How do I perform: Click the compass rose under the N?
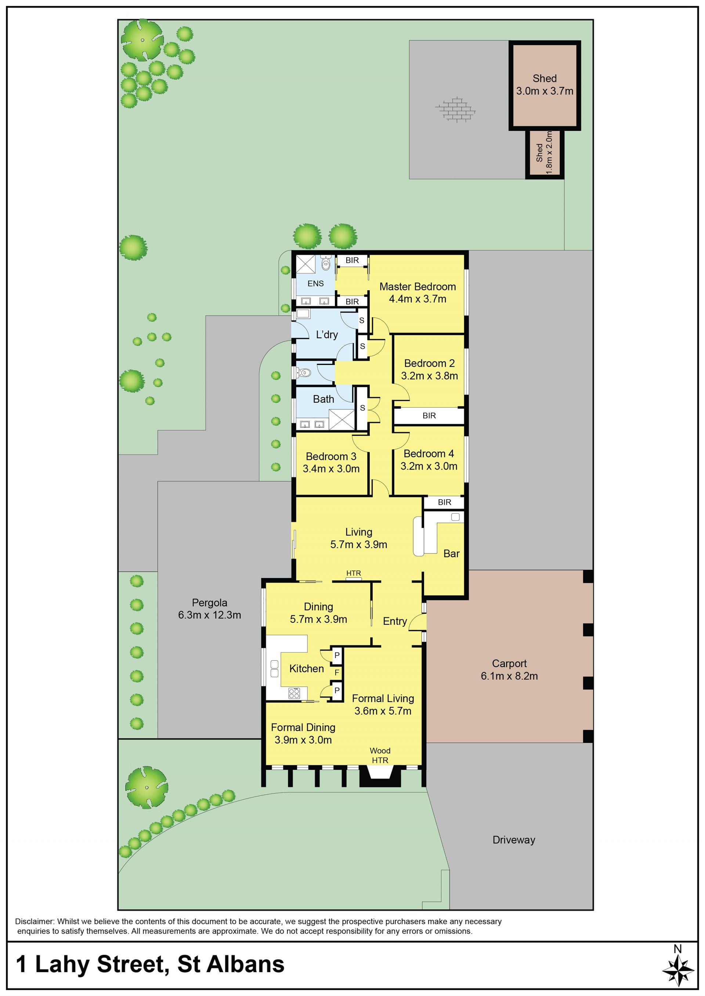tap(678, 971)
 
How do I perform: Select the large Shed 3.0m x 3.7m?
tap(545, 85)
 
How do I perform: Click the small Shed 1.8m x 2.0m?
tap(545, 154)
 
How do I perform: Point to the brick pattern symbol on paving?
tap(455, 109)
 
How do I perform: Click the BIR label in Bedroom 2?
tap(429, 416)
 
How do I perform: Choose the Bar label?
tap(452, 554)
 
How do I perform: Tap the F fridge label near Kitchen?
tap(337, 672)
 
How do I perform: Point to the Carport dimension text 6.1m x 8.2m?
tap(509, 676)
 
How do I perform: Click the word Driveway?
tap(514, 840)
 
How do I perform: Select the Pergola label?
tap(209, 602)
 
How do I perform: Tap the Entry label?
tap(395, 621)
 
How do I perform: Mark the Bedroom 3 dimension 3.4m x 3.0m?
tap(331, 468)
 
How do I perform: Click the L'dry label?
tap(327, 335)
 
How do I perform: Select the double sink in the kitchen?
tap(274, 668)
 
